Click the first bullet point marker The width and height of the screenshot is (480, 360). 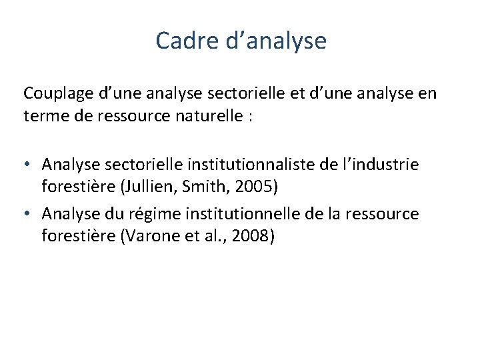coord(29,164)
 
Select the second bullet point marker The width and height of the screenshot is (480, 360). coord(29,215)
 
